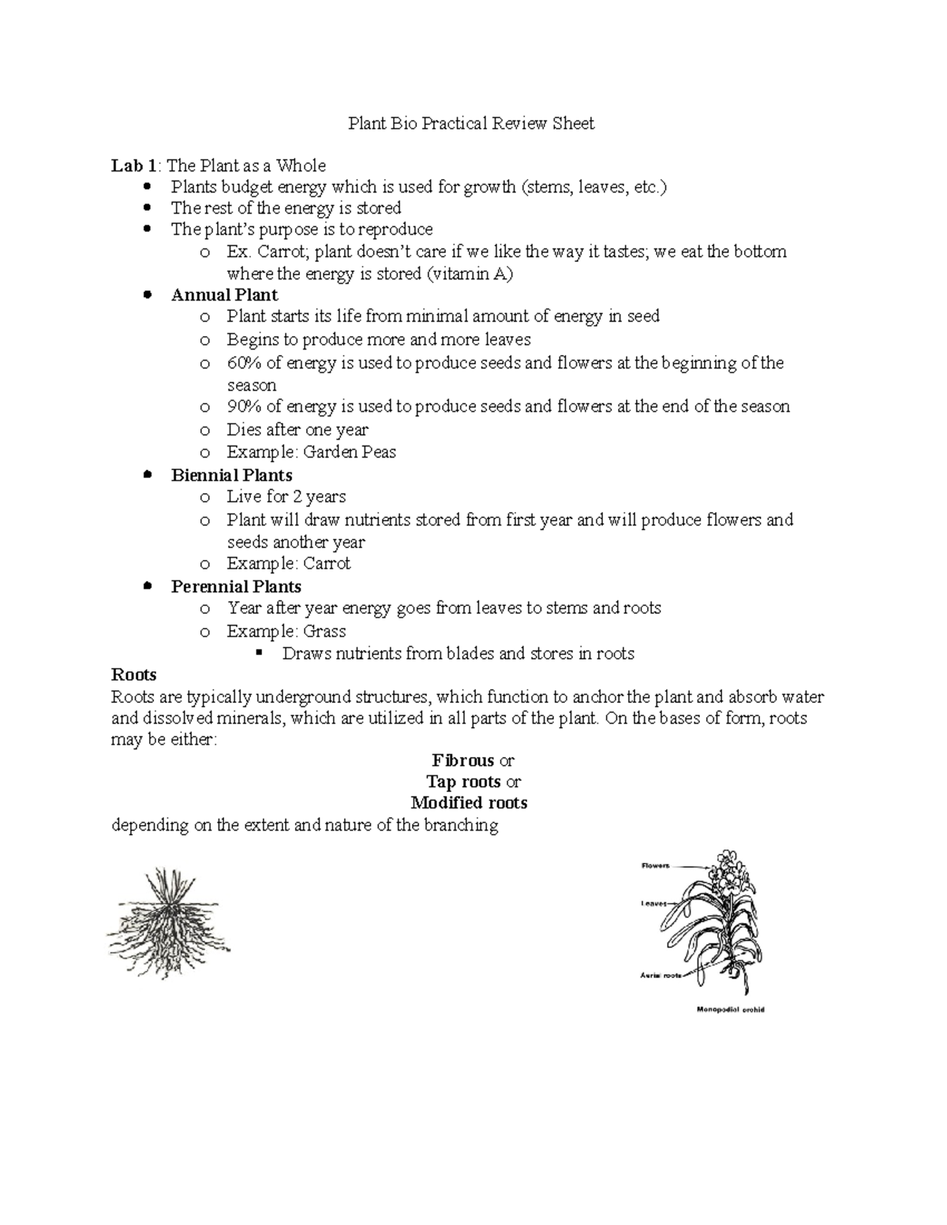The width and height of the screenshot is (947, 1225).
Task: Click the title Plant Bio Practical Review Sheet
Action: [471, 123]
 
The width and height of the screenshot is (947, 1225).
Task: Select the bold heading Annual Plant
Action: [224, 295]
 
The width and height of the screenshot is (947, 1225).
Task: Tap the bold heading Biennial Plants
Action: [231, 475]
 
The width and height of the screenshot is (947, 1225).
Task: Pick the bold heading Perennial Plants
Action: [236, 587]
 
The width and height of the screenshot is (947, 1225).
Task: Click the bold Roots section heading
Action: [134, 674]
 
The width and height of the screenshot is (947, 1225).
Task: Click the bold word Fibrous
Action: [463, 760]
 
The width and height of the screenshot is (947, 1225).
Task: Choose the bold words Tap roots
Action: [463, 782]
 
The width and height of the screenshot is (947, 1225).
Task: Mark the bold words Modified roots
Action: [469, 803]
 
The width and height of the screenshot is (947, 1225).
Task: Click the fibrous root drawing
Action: [169, 923]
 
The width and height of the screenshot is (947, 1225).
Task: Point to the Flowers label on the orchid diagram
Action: [655, 865]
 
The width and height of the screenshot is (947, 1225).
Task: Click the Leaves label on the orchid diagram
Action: [654, 903]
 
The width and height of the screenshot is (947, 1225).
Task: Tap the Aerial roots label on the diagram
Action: [661, 976]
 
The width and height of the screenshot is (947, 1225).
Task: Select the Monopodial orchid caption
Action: [730, 1010]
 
